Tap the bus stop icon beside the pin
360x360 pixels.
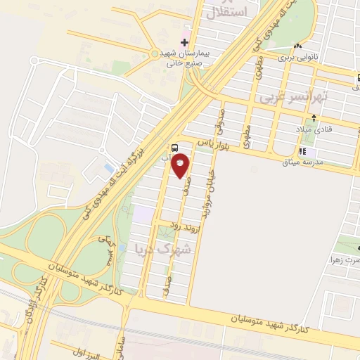(x=174, y=148)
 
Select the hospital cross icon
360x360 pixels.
(x=185, y=43)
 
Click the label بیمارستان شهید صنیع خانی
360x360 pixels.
(x=179, y=57)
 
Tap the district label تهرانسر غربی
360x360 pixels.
(x=294, y=97)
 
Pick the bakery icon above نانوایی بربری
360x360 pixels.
(x=298, y=46)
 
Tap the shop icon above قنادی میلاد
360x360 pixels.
(x=333, y=117)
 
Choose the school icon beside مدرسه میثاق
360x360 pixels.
(x=302, y=150)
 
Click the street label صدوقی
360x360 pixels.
(x=220, y=121)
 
